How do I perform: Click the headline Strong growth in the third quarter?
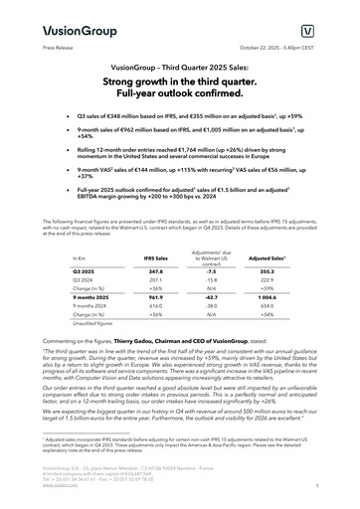point(180,83)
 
